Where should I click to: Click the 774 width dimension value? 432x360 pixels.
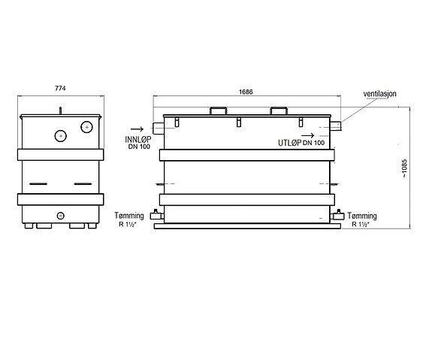[60, 88]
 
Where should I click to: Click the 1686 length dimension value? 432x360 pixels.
[246, 92]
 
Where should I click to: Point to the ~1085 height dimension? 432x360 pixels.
[404, 168]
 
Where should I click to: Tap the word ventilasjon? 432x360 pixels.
[379, 94]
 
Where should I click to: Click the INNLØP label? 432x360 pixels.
[138, 140]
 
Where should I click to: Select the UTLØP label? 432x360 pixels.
[289, 143]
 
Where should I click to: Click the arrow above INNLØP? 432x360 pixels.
[137, 129]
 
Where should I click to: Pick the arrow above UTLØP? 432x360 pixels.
[307, 135]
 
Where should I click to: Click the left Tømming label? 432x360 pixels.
[129, 216]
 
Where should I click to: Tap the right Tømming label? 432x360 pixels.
[362, 216]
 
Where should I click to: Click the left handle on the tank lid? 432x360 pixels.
[218, 110]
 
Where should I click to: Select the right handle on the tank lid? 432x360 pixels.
[279, 110]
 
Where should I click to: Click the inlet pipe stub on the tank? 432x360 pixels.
[158, 129]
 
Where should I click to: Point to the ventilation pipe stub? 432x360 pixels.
[336, 126]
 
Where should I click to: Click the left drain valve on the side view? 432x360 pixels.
[157, 215]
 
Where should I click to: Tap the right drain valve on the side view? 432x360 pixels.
[337, 215]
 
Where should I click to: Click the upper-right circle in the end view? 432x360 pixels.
[87, 127]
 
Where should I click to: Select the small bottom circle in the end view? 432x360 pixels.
[60, 216]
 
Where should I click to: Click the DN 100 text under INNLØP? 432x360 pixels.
[139, 147]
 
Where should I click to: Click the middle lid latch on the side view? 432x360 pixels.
[239, 122]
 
